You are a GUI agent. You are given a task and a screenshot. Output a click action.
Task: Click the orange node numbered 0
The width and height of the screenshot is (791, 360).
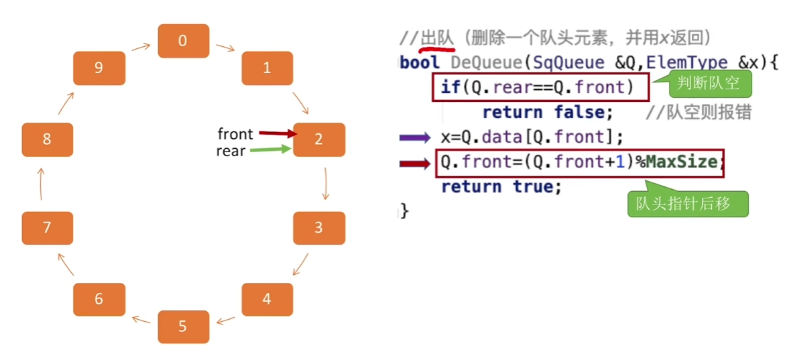(183, 41)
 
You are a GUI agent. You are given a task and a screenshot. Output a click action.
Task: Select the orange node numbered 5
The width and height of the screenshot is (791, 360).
(183, 327)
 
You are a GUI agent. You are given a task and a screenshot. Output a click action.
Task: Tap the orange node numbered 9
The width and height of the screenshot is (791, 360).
(99, 68)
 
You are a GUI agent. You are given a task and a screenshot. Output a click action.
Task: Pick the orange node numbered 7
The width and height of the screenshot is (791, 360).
(47, 228)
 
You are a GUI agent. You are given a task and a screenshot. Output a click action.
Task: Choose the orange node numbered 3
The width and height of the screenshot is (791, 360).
(319, 228)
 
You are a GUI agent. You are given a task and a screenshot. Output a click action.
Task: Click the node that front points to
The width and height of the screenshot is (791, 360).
(319, 139)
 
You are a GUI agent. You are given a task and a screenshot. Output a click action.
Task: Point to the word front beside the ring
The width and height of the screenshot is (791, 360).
(235, 134)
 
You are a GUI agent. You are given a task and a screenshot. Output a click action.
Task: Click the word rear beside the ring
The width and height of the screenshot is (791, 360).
(231, 152)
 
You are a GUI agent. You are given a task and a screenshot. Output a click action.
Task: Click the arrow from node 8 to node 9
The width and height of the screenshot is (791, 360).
(64, 104)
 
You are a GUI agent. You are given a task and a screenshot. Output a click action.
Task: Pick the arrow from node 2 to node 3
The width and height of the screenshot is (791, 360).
(326, 183)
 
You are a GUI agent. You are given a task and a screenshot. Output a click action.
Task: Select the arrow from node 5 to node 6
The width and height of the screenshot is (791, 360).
(141, 319)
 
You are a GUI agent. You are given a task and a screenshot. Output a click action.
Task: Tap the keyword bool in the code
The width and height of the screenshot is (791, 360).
(420, 62)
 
